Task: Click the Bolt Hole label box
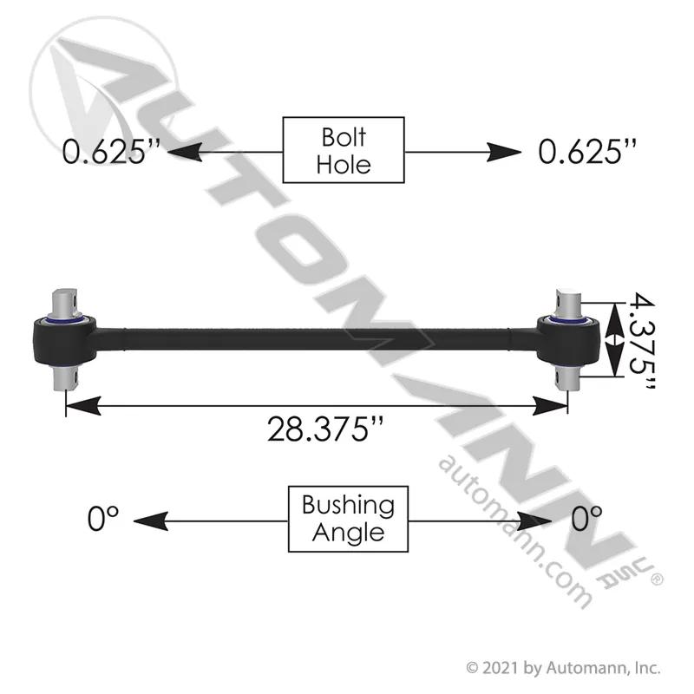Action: (x=344, y=150)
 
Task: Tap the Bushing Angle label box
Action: (x=348, y=519)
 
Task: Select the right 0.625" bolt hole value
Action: (x=588, y=152)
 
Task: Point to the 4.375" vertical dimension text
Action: (x=642, y=341)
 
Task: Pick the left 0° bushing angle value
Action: (x=102, y=518)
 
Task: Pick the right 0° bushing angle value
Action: (x=586, y=518)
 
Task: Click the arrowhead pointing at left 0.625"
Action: (x=185, y=153)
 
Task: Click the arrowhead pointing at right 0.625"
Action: (x=504, y=153)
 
